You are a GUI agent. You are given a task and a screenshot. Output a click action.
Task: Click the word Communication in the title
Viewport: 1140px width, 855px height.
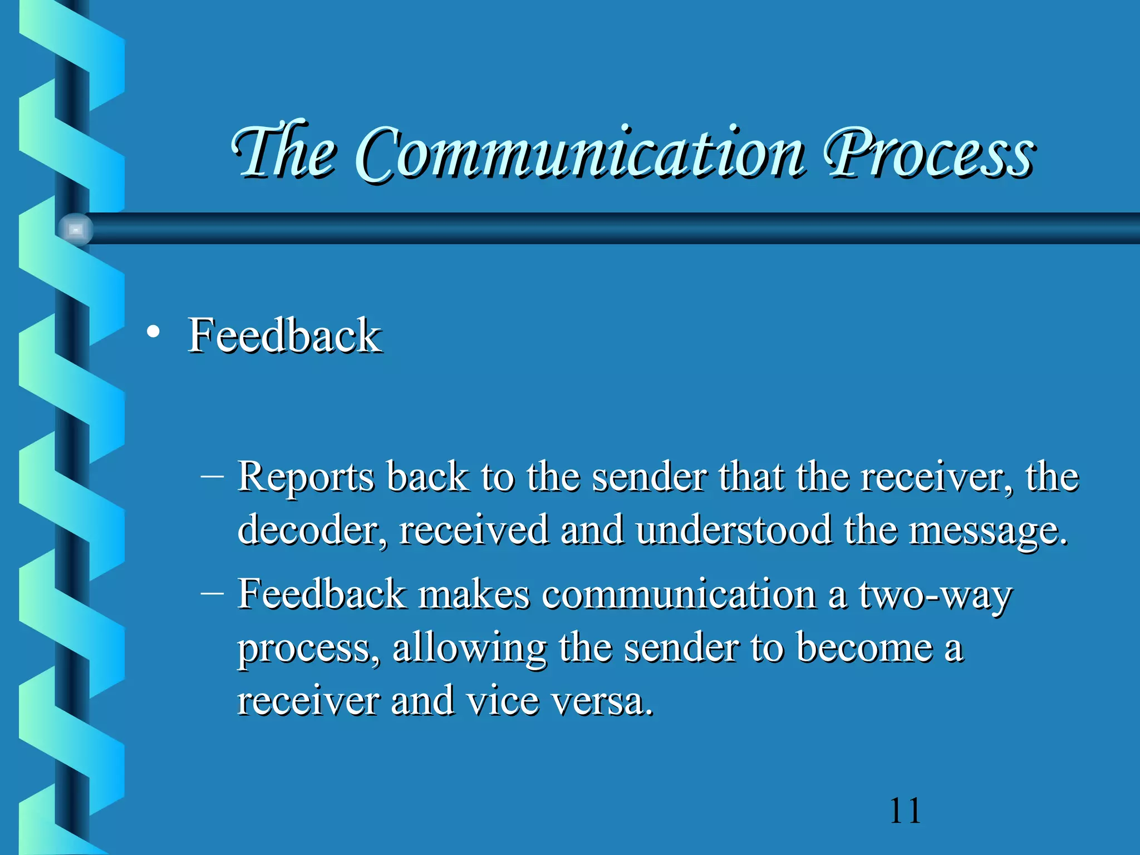579,153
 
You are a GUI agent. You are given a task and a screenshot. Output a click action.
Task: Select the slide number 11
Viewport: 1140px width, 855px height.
905,810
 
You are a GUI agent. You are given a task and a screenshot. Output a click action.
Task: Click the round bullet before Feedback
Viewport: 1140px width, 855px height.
153,333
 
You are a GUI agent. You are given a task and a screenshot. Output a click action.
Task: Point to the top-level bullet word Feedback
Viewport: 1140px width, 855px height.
284,335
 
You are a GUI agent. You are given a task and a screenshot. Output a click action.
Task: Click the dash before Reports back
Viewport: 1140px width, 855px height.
212,476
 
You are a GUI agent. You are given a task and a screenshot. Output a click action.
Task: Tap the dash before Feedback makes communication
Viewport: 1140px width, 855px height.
212,593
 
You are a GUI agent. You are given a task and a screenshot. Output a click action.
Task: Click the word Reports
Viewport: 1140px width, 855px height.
306,478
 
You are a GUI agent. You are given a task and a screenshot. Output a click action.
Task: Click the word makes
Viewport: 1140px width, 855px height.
473,594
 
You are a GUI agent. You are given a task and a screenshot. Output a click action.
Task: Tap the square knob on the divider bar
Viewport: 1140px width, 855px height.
76,229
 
